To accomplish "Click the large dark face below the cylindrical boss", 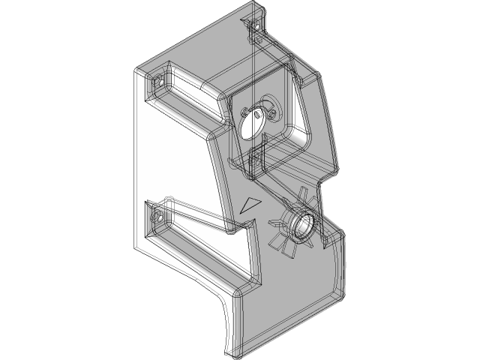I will (292, 285).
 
